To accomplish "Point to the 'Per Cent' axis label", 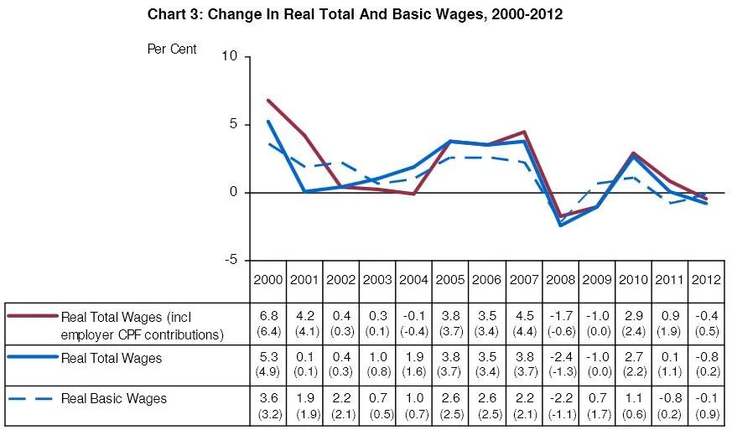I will [x=172, y=49].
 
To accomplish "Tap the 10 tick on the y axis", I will [x=230, y=56].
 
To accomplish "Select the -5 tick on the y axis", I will [x=230, y=260].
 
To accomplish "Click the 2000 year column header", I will [x=268, y=279].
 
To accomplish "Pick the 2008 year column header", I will [x=560, y=279].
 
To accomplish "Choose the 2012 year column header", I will [x=705, y=279].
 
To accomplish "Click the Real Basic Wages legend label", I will [x=114, y=398].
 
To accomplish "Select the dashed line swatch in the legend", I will [x=33, y=398].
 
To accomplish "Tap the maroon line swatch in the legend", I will [x=33, y=316].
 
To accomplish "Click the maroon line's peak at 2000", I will [x=268, y=101].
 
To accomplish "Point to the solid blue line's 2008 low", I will [x=560, y=225].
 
